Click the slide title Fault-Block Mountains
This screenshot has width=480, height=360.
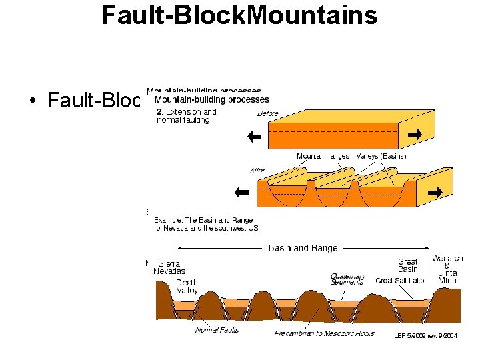239,15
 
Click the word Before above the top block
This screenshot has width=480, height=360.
267,113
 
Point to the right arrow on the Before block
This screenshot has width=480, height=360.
415,135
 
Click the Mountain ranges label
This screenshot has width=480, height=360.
323,156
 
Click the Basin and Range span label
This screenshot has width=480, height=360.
303,248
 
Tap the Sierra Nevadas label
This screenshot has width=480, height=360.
169,267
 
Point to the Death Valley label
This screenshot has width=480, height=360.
187,287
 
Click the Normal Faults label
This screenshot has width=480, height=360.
217,329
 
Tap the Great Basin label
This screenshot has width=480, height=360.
407,265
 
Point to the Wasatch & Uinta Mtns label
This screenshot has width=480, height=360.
447,269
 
